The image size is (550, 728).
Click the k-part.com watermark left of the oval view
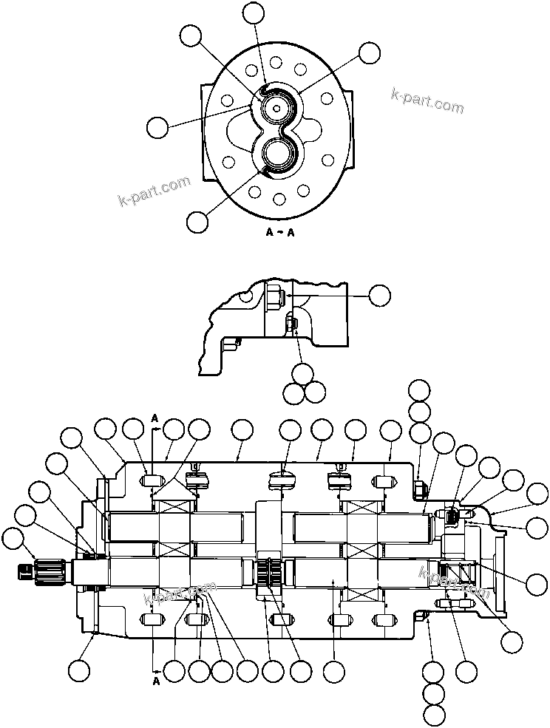tap(154, 191)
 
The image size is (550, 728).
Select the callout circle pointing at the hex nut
tap(379, 295)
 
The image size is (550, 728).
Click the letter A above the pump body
tap(155, 418)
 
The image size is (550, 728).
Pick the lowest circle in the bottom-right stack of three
tap(435, 715)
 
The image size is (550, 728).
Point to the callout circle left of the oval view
tap(157, 127)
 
